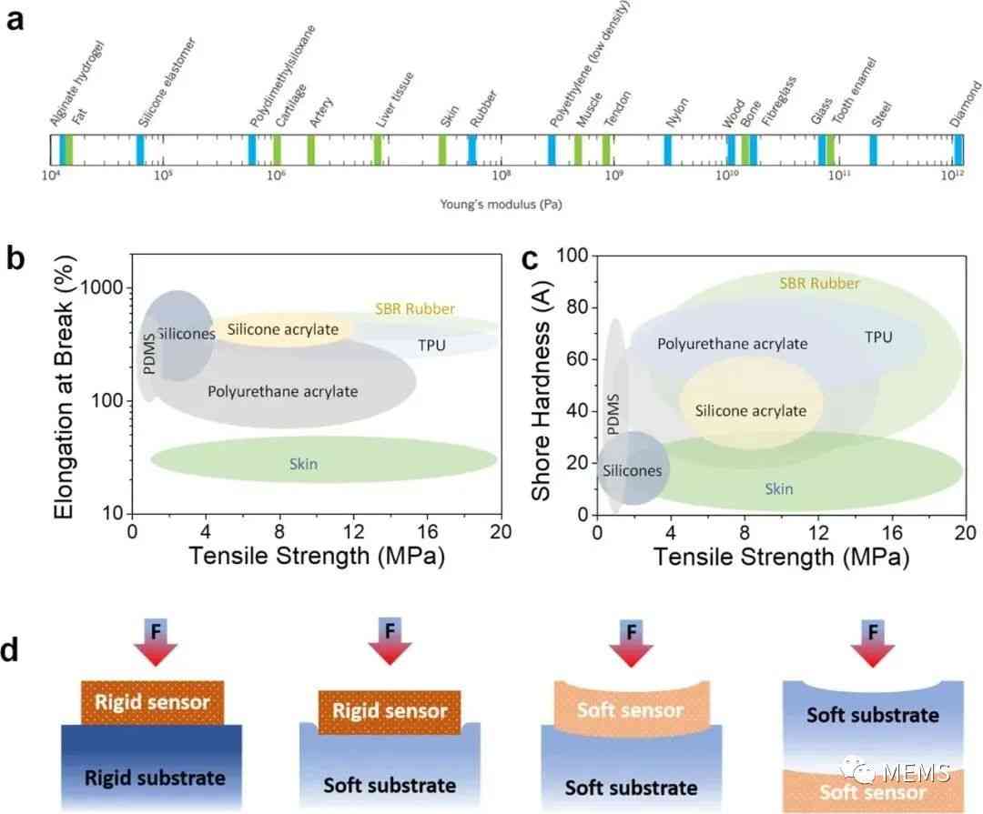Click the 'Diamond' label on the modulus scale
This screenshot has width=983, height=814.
[x=966, y=104]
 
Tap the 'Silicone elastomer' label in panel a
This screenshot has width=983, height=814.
[x=167, y=82]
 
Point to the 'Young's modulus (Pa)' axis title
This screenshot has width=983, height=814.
[x=501, y=205]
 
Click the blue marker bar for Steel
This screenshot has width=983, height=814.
[x=873, y=150]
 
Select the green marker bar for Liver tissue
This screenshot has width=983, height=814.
[x=378, y=150]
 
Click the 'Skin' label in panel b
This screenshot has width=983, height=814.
[x=303, y=465]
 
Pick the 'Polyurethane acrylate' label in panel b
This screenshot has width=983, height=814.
[x=283, y=392]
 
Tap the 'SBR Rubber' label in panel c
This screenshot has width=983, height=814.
[x=819, y=284]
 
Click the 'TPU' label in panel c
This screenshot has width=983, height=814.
[x=878, y=337]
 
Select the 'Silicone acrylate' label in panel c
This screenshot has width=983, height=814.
[x=750, y=411]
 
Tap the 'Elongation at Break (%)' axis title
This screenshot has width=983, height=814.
[x=65, y=387]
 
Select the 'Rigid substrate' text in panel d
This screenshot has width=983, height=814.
[x=155, y=779]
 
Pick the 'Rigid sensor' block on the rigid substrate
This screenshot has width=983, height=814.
[x=152, y=702]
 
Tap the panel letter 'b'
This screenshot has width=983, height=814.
[x=15, y=257]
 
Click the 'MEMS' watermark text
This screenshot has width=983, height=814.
[x=917, y=773]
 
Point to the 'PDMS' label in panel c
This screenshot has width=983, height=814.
[x=613, y=414]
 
